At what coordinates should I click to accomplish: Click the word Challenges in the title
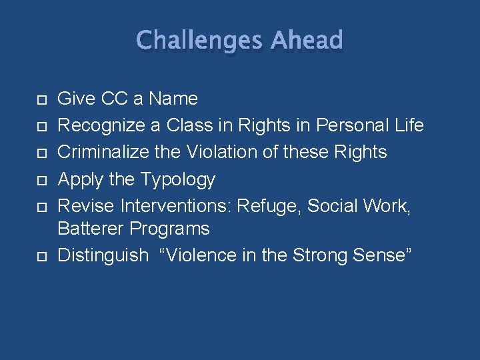click(199, 41)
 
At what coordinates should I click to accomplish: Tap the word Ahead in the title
click(307, 41)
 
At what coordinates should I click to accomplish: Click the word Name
click(173, 99)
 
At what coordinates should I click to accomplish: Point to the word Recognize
click(101, 125)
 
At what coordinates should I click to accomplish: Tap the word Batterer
click(91, 229)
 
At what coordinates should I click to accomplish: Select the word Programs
click(169, 229)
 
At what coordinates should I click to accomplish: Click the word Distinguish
click(103, 256)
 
